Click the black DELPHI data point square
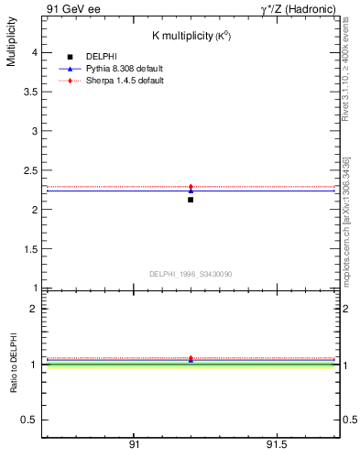(x=191, y=199)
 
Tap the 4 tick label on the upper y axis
(x=34, y=53)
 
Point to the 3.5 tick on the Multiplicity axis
(x=30, y=92)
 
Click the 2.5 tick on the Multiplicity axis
(x=30, y=170)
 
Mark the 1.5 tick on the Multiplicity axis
(x=30, y=249)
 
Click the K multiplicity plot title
(x=190, y=36)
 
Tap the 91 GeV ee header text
(x=72, y=9)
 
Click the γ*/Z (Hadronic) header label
(x=298, y=9)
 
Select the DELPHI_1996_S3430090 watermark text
(x=191, y=274)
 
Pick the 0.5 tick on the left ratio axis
(x=30, y=420)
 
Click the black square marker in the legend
(x=70, y=57)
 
